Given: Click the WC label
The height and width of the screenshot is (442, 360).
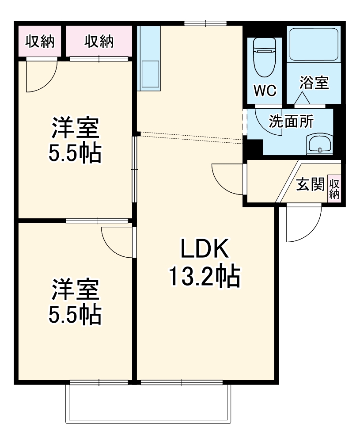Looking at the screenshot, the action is point(265,91).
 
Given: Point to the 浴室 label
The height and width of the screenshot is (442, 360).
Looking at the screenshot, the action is point(314,83).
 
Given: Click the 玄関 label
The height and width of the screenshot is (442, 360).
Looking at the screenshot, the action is point(310,185).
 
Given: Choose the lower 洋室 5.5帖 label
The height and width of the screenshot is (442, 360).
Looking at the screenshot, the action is point(75,301).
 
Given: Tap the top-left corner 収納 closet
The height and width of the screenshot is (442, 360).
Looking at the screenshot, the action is point(40,41).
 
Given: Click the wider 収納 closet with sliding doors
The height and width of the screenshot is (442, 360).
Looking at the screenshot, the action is point(99,41).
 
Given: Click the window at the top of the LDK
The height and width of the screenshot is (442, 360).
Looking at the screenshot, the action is point(205,23).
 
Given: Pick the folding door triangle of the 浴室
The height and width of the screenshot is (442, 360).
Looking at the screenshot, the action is point(302,99).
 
